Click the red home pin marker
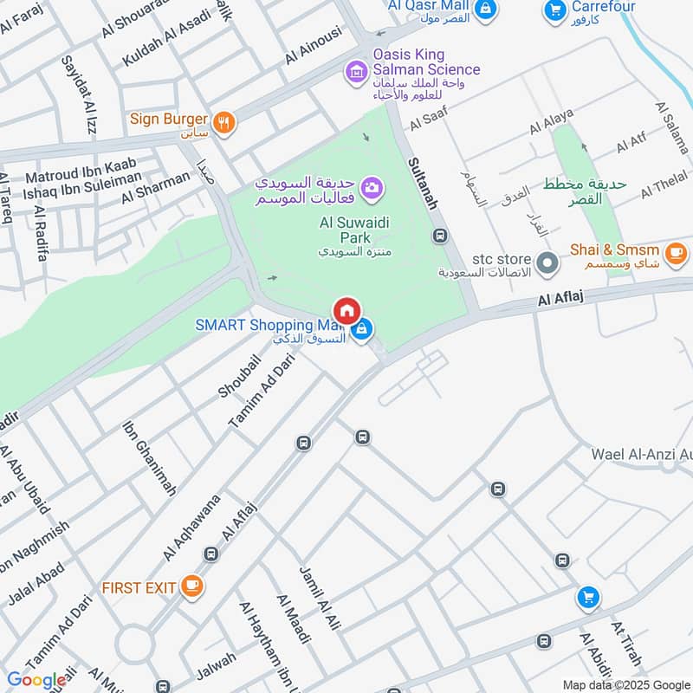click(347, 310)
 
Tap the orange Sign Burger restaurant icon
click(224, 122)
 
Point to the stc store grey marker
click(547, 261)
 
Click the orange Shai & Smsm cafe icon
click(677, 253)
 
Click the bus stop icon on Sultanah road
click(441, 236)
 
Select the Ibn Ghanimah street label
click(149, 458)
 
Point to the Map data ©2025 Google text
click(625, 684)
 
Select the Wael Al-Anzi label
click(641, 454)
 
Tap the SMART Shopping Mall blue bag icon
click(364, 328)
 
